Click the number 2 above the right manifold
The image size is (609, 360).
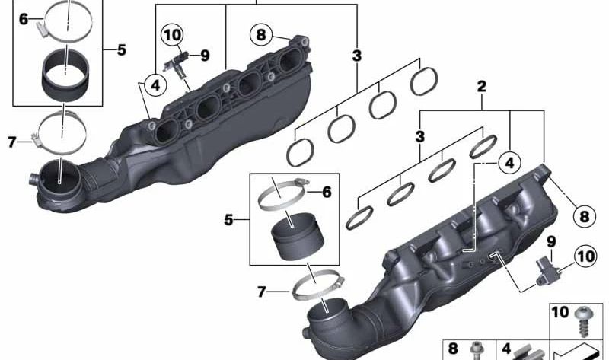coord(481,88)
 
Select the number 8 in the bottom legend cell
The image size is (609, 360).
coord(454,349)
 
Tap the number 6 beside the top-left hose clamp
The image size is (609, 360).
coord(24,19)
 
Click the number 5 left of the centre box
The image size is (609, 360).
coord(228,221)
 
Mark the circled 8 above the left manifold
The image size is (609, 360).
coord(261,34)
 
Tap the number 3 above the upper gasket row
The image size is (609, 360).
coord(357,56)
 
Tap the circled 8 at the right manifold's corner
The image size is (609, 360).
coord(584,217)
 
